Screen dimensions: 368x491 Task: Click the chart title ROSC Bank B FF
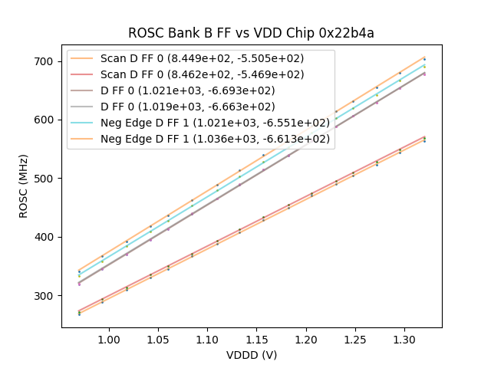point(251,33)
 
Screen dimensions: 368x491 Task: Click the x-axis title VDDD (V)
point(251,355)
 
